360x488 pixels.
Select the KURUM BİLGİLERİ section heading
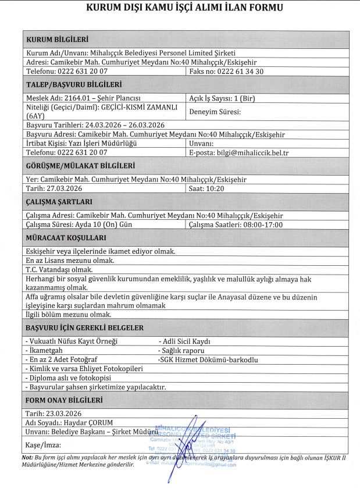(58, 39)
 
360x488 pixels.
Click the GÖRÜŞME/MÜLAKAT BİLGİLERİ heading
(81, 166)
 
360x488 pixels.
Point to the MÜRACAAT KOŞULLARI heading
(66, 238)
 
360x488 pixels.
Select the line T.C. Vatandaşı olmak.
(59, 269)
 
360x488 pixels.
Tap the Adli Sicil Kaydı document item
(185, 341)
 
